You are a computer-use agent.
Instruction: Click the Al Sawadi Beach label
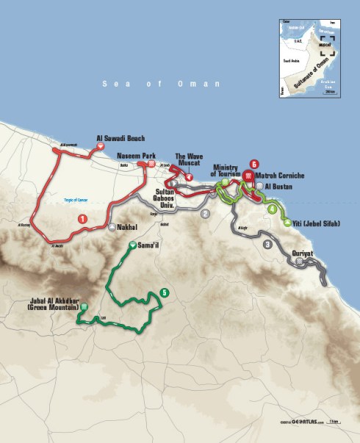[122, 138]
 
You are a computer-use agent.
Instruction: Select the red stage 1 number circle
[82, 218]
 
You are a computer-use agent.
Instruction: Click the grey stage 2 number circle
[206, 214]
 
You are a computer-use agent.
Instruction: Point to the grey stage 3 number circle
[267, 244]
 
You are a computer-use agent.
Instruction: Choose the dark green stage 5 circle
[164, 292]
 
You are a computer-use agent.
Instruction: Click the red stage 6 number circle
[253, 164]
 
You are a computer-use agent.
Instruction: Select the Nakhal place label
[127, 228]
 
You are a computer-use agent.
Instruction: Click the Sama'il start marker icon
[132, 245]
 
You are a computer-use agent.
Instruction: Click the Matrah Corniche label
[278, 176]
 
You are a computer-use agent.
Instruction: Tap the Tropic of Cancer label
[75, 198]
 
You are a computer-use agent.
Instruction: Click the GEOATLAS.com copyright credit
[303, 421]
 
